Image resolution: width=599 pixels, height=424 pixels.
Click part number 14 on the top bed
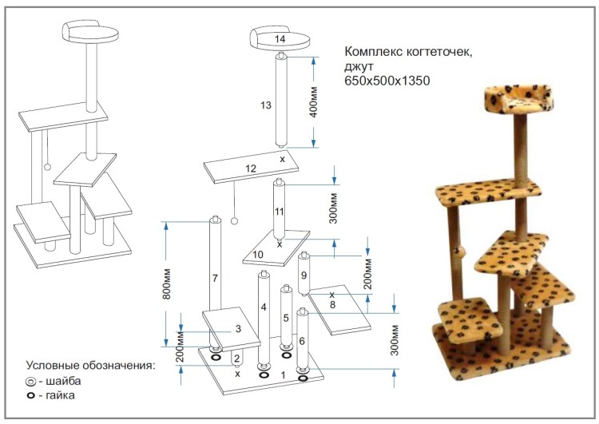(280, 38)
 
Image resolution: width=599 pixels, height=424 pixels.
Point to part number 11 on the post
(279, 212)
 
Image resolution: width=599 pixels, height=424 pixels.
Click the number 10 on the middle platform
(258, 254)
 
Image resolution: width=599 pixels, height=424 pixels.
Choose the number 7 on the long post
(215, 278)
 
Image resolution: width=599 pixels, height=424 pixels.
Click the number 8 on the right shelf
(331, 303)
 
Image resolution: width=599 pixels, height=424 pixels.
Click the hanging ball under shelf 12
(235, 220)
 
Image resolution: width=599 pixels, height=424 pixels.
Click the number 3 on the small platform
(237, 328)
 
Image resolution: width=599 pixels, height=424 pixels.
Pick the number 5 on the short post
(285, 318)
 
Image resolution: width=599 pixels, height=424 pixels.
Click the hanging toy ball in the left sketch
(47, 167)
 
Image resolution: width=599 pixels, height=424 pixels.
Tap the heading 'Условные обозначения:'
(90, 365)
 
